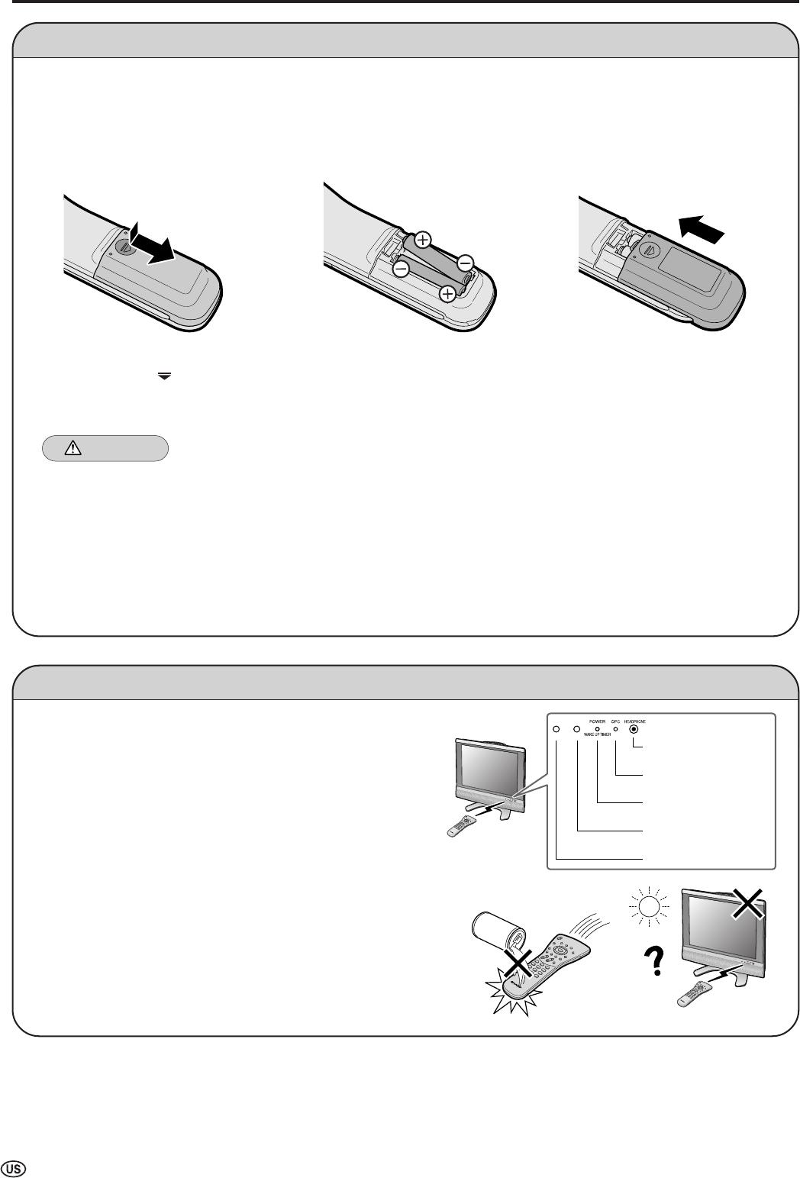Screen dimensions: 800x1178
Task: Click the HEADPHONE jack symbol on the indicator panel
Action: coord(634,729)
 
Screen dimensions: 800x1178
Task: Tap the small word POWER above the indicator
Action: coord(597,720)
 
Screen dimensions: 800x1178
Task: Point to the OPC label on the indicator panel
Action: coord(615,720)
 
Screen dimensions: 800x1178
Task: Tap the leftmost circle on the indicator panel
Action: coord(557,729)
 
